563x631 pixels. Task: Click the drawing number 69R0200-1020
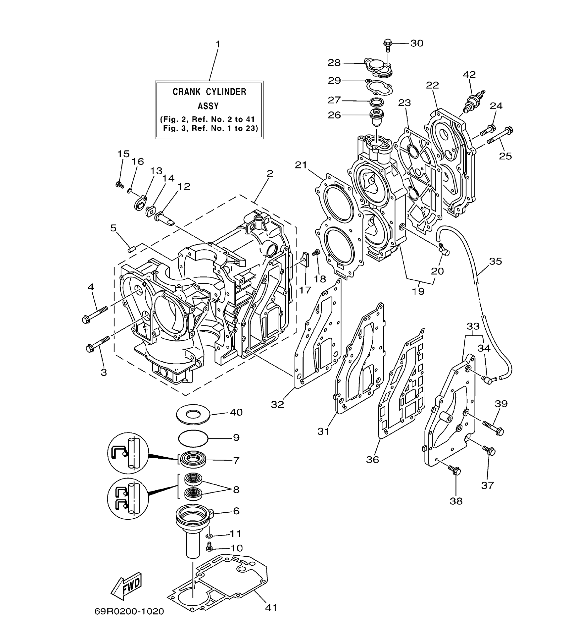129,611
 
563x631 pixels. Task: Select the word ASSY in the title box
208,106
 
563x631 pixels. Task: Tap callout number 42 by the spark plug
469,74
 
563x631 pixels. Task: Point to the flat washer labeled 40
193,415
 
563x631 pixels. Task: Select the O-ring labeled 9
193,438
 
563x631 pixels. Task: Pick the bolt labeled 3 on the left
98,344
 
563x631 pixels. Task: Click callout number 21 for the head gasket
301,165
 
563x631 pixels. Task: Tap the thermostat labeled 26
376,118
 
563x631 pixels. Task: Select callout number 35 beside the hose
495,261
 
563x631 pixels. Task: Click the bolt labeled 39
493,428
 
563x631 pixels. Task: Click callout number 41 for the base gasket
271,607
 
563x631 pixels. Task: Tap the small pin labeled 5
131,249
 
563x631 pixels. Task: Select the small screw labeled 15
120,185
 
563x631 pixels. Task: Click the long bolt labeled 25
500,136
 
